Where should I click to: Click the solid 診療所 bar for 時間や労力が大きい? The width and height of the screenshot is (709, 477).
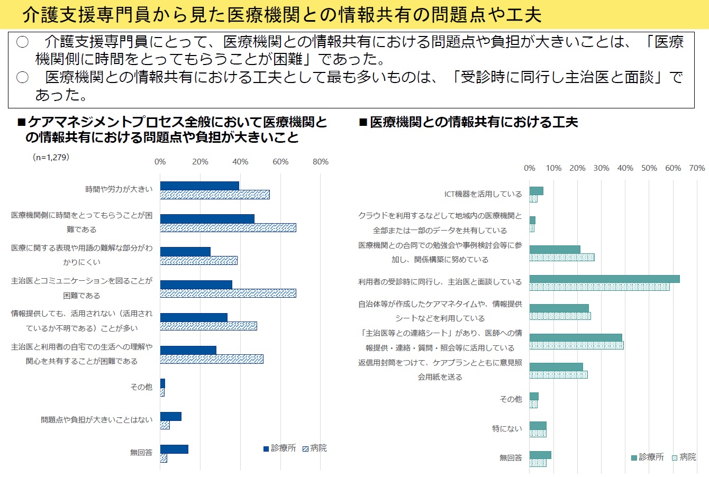[x=199, y=186]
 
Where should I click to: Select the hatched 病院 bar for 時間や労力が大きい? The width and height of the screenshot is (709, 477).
[x=215, y=195]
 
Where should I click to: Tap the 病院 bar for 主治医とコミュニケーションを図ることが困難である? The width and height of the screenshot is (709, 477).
[x=228, y=293]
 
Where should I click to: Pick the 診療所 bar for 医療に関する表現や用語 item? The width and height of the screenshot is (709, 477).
[x=185, y=252]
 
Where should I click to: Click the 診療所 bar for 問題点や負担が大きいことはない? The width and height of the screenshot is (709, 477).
[x=170, y=416]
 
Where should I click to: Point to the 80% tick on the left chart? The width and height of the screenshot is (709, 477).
[x=321, y=162]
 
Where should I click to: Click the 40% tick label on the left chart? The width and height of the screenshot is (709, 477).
[x=240, y=162]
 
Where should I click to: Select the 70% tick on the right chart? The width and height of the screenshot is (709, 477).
[x=697, y=168]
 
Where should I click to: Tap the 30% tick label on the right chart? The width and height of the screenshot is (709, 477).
[x=601, y=168]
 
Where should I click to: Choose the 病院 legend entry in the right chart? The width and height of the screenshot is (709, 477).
[x=684, y=457]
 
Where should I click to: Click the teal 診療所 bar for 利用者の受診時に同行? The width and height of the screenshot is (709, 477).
[x=604, y=279]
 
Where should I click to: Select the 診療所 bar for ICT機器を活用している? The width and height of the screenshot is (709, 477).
[x=536, y=191]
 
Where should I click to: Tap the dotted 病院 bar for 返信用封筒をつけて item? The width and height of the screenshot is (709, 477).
[x=558, y=375]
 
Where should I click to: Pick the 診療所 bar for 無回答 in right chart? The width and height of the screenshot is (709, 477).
[x=540, y=455]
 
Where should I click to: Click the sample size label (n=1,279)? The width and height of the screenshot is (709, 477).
[x=51, y=157]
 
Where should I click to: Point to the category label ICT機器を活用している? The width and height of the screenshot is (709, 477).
[x=483, y=194]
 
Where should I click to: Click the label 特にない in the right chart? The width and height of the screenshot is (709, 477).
[x=507, y=429]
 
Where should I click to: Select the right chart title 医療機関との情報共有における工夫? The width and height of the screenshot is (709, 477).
[x=474, y=122]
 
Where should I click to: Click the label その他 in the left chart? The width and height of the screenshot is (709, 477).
[x=141, y=387]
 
